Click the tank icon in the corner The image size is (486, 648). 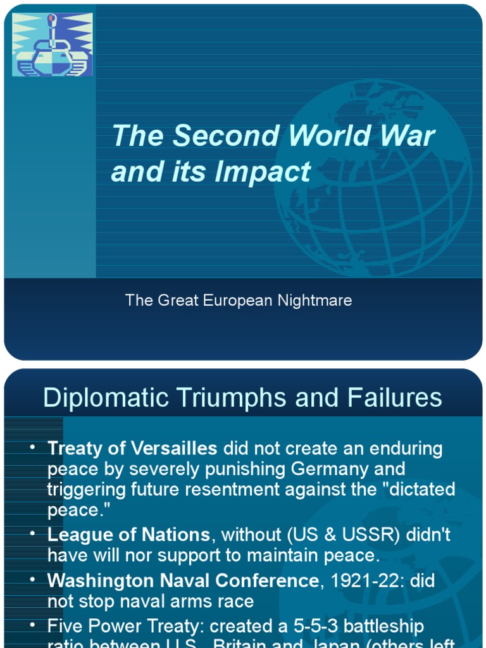[x=53, y=45]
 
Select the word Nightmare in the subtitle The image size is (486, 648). [x=315, y=301]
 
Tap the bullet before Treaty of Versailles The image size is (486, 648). [x=32, y=448]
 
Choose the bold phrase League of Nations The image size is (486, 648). [x=128, y=535]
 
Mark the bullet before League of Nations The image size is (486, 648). [x=32, y=534]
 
